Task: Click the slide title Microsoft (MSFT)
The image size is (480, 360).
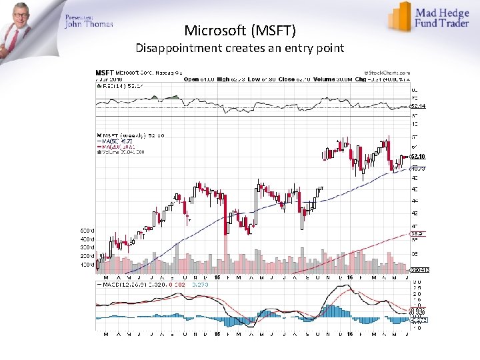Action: (240, 31)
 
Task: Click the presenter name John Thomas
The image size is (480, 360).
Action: (89, 25)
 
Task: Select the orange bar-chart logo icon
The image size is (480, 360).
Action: (399, 16)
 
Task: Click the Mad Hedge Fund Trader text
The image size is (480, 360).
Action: (443, 18)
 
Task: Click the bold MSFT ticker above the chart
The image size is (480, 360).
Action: (105, 72)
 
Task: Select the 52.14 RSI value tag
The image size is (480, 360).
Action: (418, 107)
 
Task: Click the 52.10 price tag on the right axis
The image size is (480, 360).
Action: (418, 157)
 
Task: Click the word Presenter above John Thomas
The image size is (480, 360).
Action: (79, 16)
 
